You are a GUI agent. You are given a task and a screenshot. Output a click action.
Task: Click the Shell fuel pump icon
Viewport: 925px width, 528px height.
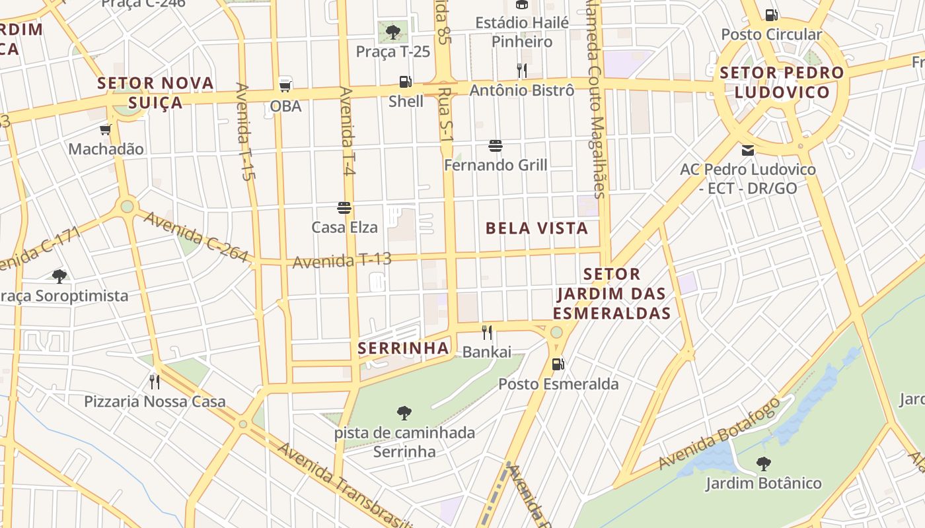pyautogui.click(x=405, y=82)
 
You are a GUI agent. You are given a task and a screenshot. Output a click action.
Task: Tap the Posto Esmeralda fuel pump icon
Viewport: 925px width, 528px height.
pyautogui.click(x=558, y=364)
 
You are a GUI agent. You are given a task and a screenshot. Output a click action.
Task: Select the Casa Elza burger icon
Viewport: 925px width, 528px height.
pyautogui.click(x=344, y=208)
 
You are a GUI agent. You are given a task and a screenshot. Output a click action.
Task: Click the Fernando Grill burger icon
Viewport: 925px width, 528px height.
pyautogui.click(x=496, y=145)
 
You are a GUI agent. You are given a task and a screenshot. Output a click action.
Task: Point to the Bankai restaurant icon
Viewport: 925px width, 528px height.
pyautogui.click(x=487, y=332)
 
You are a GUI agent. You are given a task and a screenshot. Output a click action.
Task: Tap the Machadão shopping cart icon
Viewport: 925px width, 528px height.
pyautogui.click(x=105, y=129)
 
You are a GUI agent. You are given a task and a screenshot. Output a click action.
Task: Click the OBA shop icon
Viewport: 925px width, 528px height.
pyautogui.click(x=285, y=84)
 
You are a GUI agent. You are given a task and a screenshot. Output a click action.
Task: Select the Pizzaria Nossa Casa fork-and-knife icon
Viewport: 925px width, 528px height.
pyautogui.click(x=155, y=381)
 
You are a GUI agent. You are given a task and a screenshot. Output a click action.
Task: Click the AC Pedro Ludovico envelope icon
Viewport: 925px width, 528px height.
pyautogui.click(x=748, y=150)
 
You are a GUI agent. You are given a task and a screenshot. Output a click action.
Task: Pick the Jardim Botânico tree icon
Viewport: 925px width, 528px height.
pyautogui.click(x=763, y=464)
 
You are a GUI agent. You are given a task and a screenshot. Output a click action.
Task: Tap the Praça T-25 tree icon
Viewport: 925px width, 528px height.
pyautogui.click(x=393, y=31)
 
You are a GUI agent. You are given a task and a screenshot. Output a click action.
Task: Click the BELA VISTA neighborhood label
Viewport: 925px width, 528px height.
pyautogui.click(x=536, y=228)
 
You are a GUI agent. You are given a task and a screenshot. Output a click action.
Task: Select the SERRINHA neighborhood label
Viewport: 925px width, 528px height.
pyautogui.click(x=403, y=348)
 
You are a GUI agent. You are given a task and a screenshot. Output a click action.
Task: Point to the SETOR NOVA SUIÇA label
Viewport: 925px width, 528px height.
pyautogui.click(x=156, y=92)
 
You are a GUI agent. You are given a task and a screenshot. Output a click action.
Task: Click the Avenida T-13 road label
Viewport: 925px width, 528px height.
pyautogui.click(x=342, y=260)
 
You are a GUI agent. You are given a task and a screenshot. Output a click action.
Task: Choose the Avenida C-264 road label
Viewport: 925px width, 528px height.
pyautogui.click(x=196, y=236)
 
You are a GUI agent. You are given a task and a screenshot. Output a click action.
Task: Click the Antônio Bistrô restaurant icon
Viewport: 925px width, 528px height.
pyautogui.click(x=522, y=70)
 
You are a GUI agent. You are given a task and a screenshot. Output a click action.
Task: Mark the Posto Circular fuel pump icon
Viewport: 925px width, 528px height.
pyautogui.click(x=770, y=15)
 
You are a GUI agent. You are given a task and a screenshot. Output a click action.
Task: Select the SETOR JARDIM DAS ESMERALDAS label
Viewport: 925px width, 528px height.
pyautogui.click(x=612, y=293)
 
